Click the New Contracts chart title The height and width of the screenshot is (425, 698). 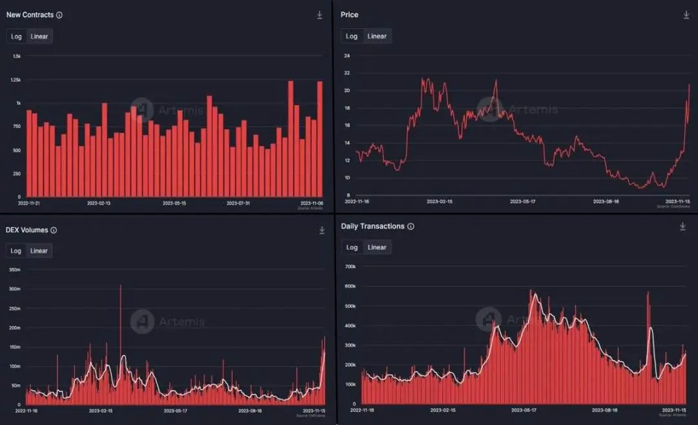[30, 15]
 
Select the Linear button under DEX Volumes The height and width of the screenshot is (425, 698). [39, 251]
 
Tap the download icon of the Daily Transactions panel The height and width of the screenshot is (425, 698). [682, 227]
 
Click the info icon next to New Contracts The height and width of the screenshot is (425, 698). [59, 15]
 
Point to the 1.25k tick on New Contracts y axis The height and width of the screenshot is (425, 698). [16, 79]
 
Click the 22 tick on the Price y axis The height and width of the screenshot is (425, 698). [347, 73]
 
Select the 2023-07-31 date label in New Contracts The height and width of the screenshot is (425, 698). [238, 203]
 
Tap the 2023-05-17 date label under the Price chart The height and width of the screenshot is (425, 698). [523, 202]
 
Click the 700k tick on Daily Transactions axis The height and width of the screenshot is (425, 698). [351, 266]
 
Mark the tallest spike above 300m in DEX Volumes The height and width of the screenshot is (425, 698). [120, 286]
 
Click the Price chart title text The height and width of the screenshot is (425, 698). [350, 15]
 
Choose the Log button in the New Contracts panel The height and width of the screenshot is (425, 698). [16, 36]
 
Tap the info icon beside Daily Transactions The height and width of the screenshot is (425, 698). [411, 227]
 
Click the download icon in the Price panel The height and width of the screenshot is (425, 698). [686, 15]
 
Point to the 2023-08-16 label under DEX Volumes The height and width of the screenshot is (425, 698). [250, 411]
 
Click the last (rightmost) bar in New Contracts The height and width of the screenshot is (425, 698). [319, 139]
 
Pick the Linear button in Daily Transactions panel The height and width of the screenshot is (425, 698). [377, 247]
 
